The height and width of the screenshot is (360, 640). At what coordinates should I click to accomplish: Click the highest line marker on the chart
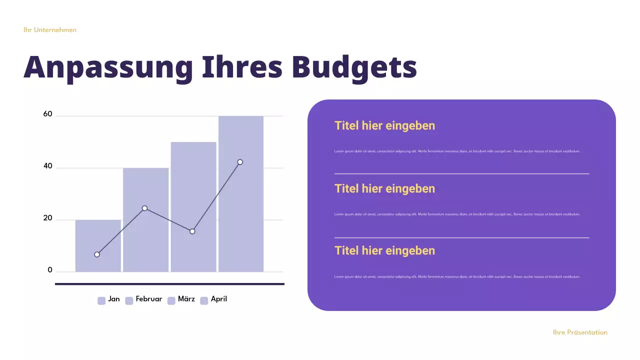(240, 162)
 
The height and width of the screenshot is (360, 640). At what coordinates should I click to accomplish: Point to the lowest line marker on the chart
(97, 254)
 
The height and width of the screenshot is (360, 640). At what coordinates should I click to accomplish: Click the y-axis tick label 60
(47, 114)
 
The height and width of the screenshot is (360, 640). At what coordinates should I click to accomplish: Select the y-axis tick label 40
(47, 166)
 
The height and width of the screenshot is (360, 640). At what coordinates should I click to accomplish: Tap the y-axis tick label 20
(47, 218)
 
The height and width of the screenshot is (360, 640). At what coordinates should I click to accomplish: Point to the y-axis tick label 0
(50, 270)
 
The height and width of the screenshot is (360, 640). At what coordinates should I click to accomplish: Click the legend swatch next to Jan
(101, 300)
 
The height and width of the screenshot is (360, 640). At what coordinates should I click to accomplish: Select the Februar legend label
(149, 299)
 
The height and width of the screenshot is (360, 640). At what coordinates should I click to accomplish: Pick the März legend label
(186, 299)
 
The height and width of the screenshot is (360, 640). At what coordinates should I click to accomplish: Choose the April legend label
(219, 299)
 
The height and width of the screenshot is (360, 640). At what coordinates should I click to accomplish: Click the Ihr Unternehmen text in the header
(50, 30)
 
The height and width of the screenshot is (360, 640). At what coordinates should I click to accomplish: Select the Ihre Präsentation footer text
(580, 332)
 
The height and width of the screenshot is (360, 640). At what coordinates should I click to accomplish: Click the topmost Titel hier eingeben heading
(384, 125)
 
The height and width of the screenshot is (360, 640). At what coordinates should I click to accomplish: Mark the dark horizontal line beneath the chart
(169, 284)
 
